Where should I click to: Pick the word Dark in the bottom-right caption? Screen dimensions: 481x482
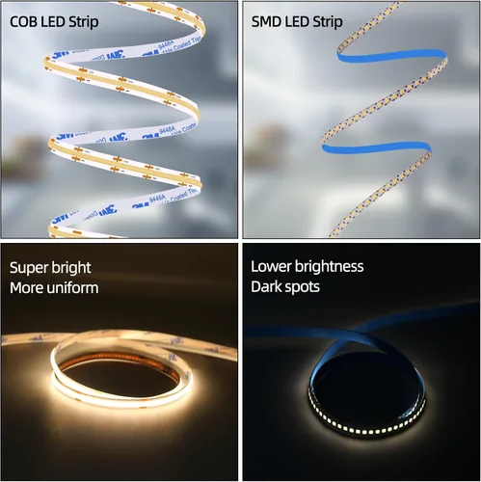point(265,287)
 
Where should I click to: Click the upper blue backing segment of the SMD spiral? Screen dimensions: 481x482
point(390,56)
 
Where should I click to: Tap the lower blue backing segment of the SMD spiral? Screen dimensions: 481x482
point(376,148)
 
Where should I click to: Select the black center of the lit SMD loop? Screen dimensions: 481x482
point(366,386)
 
